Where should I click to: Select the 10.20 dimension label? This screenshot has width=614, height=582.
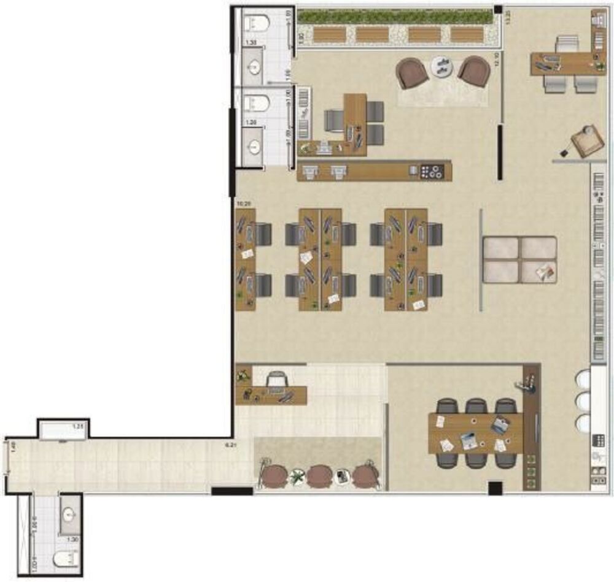coord(244,202)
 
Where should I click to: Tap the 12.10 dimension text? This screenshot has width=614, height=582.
coord(497,59)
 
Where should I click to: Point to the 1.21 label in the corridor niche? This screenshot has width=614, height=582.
coord(78,426)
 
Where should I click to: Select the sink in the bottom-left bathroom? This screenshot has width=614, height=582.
coord(69,515)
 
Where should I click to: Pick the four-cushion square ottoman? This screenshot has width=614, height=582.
coord(519,259)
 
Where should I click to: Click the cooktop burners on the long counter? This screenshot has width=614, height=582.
coord(432,172)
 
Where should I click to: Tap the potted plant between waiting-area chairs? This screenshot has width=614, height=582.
coord(298,475)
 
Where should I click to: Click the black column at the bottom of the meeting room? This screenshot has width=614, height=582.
coord(495,488)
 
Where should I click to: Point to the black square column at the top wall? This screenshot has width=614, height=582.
coord(499,9)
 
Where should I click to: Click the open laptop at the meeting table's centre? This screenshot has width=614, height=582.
coord(468,438)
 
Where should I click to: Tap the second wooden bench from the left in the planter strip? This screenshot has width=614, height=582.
coord(373,34)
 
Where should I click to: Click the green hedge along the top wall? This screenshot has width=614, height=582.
coord(396,17)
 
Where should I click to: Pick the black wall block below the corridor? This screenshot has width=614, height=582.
coord(232,491)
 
